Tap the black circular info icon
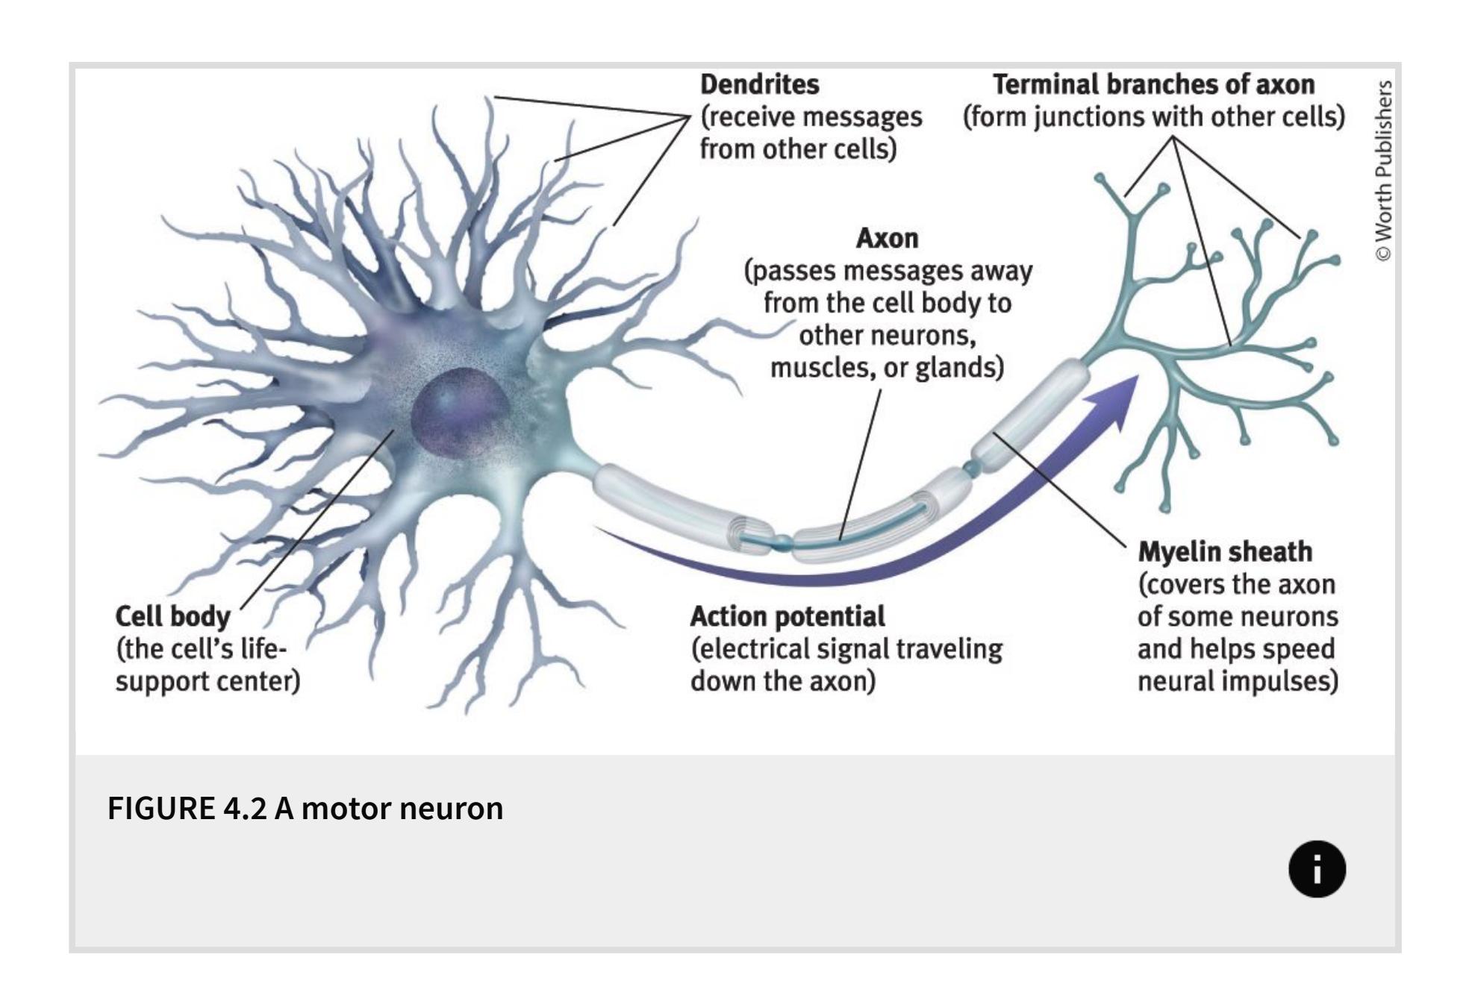[1317, 869]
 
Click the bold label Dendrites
[759, 84]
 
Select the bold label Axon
[887, 238]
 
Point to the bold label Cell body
[172, 617]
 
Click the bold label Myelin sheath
[1224, 552]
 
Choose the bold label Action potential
[787, 617]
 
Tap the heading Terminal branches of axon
[1153, 84]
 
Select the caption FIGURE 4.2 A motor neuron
[305, 808]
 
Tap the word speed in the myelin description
[1303, 649]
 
